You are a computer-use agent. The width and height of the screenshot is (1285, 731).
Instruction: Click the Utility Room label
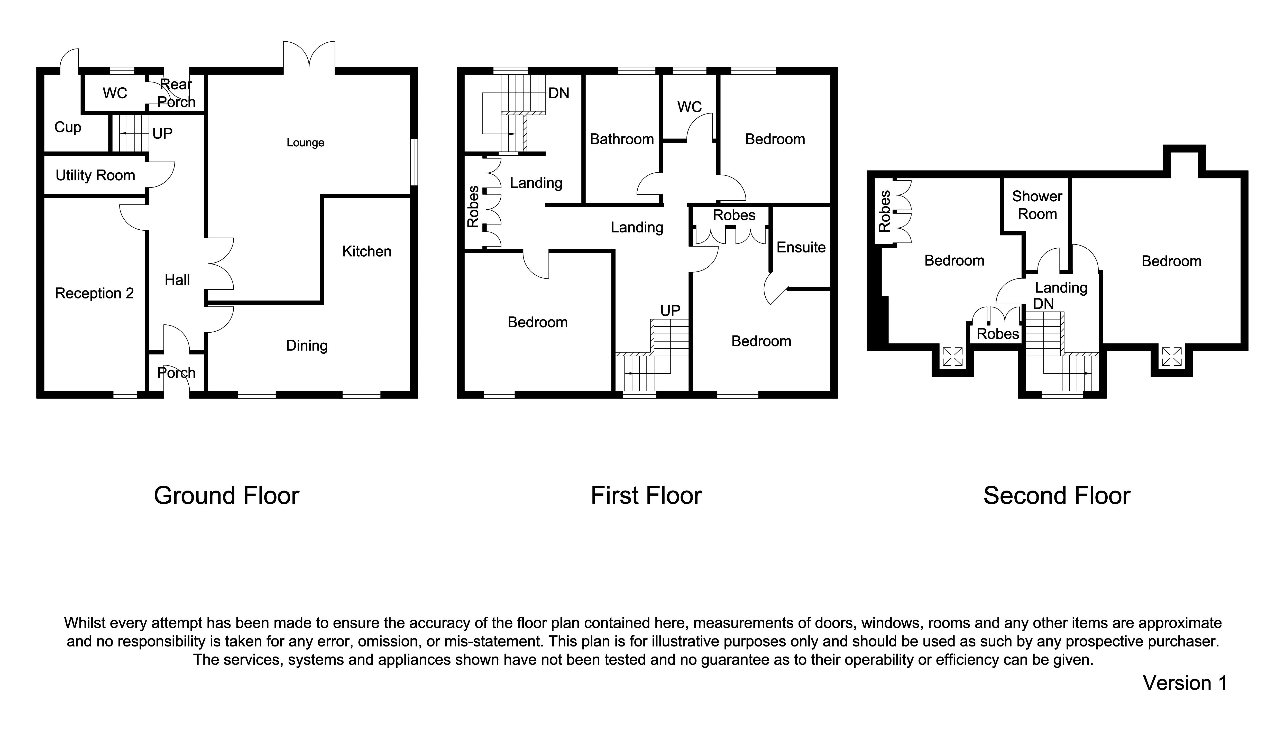tap(95, 175)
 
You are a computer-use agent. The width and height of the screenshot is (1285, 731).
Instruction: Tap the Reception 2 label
tap(94, 293)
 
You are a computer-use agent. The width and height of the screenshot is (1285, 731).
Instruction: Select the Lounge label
tap(305, 143)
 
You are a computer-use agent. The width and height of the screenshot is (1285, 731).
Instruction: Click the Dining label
tap(306, 345)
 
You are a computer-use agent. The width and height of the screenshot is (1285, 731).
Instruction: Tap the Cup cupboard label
tap(67, 127)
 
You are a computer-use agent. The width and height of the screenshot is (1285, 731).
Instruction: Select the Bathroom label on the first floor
tap(621, 139)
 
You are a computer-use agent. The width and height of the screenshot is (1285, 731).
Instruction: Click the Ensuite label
tap(801, 247)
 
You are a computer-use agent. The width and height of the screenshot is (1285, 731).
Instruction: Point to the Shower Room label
tap(1037, 205)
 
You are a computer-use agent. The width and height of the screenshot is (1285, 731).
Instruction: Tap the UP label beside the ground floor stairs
tap(162, 134)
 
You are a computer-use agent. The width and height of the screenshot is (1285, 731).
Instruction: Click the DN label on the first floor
tap(559, 93)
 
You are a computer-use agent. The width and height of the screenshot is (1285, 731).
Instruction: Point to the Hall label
tap(177, 280)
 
